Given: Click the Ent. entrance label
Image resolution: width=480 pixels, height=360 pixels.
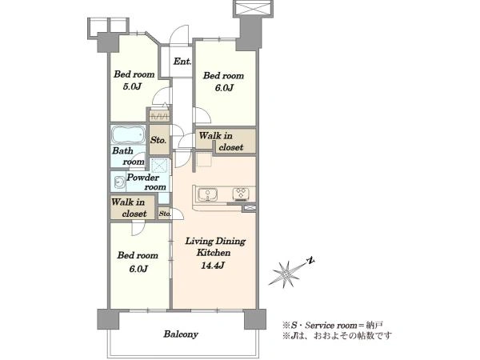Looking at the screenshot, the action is [182, 62].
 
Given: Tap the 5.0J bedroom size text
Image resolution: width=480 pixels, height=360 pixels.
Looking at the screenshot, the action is [132, 86].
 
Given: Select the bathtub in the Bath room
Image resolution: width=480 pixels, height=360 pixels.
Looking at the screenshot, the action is [128, 134].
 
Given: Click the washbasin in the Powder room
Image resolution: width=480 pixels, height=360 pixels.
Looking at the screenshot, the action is [119, 183].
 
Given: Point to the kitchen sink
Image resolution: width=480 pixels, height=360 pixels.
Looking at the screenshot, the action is [208, 194].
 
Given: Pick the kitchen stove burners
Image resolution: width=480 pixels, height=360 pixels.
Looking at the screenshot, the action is [241, 194].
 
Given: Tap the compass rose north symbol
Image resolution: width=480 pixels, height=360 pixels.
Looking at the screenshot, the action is [290, 273].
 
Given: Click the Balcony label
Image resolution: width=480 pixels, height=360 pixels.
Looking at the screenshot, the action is [181, 334].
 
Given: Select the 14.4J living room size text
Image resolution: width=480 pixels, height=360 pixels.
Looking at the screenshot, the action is [213, 265].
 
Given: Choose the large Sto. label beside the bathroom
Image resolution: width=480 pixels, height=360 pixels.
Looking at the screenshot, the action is [158, 140].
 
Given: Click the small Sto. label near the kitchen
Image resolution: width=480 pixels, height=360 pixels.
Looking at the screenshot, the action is [165, 214].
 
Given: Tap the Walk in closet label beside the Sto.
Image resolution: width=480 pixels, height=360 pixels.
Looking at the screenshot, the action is [129, 208].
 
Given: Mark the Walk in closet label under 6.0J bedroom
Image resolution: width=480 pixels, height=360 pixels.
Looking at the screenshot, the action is [221, 142].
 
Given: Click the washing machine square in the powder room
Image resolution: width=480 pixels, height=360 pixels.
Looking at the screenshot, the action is [159, 166].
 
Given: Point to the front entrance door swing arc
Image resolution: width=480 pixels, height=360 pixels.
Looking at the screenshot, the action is [179, 34].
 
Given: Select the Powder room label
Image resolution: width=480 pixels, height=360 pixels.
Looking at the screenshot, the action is [146, 182].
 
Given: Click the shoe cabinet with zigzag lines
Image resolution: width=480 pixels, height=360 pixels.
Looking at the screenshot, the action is [159, 116].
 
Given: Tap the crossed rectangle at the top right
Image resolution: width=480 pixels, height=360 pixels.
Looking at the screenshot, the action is [253, 8].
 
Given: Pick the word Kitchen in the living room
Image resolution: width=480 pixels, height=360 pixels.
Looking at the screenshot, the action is [214, 253].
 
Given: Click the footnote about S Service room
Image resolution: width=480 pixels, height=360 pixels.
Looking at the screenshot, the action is [333, 325].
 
